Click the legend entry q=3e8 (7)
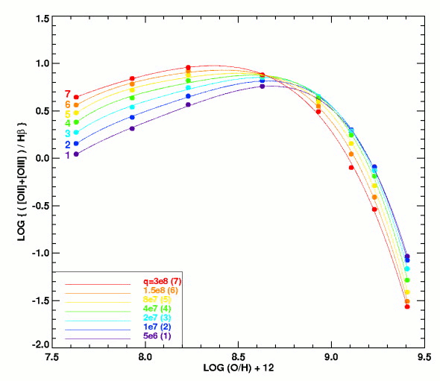tap(162, 281)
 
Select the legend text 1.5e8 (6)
tap(161, 290)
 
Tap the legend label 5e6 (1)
tap(157, 336)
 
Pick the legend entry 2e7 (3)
tap(157, 318)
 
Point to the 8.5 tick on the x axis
tap(238, 357)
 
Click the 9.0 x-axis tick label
tap(331, 357)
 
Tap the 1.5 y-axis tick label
tap(43, 19)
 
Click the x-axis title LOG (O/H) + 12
tap(238, 368)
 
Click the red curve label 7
tap(68, 94)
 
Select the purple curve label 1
tap(67, 155)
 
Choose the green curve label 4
tap(68, 123)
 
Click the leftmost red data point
tap(76, 97)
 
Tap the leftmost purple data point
tap(76, 154)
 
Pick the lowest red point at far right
tap(407, 306)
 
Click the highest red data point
tap(188, 67)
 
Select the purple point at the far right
tap(407, 256)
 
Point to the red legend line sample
tap(98, 285)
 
